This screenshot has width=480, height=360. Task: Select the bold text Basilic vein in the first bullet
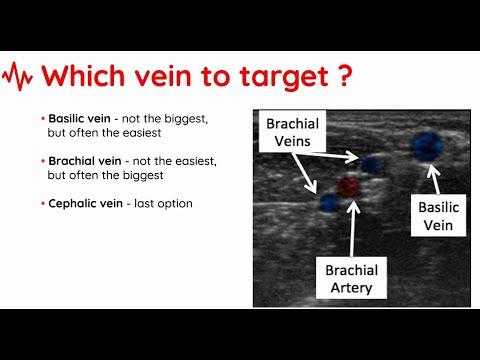pyautogui.click(x=77, y=118)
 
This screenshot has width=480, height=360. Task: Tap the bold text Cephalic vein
pyautogui.click(x=81, y=203)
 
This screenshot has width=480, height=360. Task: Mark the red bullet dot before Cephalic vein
pyautogui.click(x=43, y=203)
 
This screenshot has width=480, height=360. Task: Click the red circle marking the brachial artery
pyautogui.click(x=348, y=186)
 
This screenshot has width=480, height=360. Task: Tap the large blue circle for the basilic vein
pyautogui.click(x=428, y=146)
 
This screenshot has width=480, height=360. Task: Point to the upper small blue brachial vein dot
pyautogui.click(x=371, y=164)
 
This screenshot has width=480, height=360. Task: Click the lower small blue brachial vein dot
pyautogui.click(x=330, y=203)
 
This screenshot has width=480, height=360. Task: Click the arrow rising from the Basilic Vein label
pyautogui.click(x=435, y=180)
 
